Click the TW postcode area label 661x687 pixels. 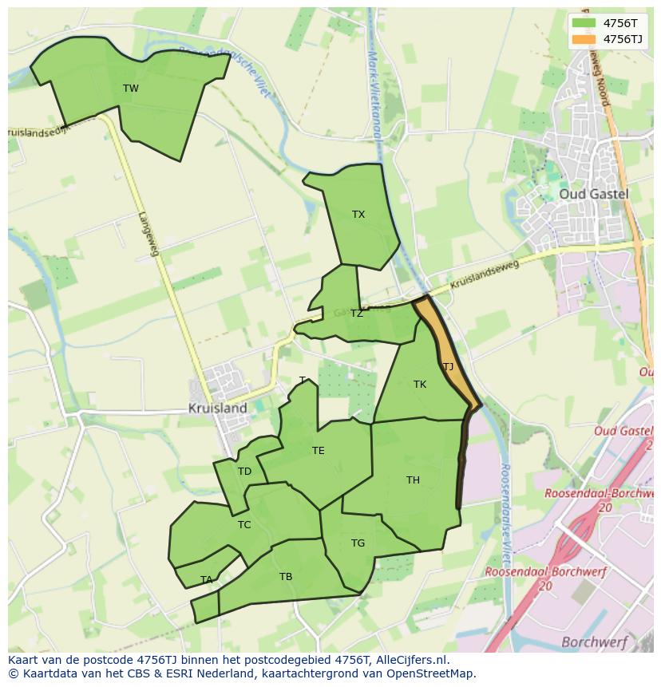[131, 89]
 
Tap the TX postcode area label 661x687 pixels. [358, 215]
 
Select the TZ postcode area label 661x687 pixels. [356, 314]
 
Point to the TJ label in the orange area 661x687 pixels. [448, 367]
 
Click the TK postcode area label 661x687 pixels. [420, 385]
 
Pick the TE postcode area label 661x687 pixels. [318, 451]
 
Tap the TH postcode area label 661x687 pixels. [413, 480]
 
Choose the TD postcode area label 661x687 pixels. [244, 472]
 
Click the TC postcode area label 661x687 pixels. [244, 525]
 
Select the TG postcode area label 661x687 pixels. [358, 543]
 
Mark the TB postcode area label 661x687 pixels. [286, 577]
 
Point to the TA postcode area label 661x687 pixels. [207, 580]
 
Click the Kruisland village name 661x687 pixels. [217, 408]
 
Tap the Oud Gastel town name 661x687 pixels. [593, 194]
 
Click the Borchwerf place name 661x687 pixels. [594, 642]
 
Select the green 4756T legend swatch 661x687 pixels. [584, 22]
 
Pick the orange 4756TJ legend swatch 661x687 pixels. [584, 38]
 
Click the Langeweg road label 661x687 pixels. [148, 234]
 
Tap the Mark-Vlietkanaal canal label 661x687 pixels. [373, 88]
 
